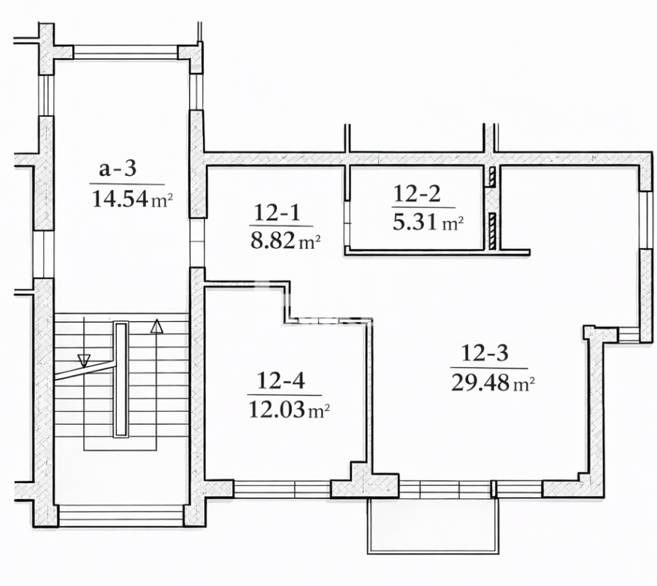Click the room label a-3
pyautogui.click(x=118, y=169)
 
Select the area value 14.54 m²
pyautogui.click(x=131, y=198)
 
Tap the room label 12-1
pyautogui.click(x=277, y=213)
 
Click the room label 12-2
pyautogui.click(x=417, y=193)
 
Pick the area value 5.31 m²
pyautogui.click(x=428, y=223)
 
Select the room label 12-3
pyautogui.click(x=485, y=354)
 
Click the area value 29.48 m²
pyautogui.click(x=493, y=383)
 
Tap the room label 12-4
pyautogui.click(x=280, y=380)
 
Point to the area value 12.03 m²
pyautogui.click(x=289, y=410)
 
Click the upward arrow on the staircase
pyautogui.click(x=155, y=326)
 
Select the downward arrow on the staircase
pyautogui.click(x=84, y=360)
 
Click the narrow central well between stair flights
pyautogui.click(x=120, y=380)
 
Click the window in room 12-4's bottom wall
pyautogui.click(x=282, y=489)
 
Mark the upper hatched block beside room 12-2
pyautogui.click(x=493, y=176)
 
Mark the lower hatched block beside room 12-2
pyautogui.click(x=493, y=229)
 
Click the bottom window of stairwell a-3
pyautogui.click(x=120, y=515)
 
